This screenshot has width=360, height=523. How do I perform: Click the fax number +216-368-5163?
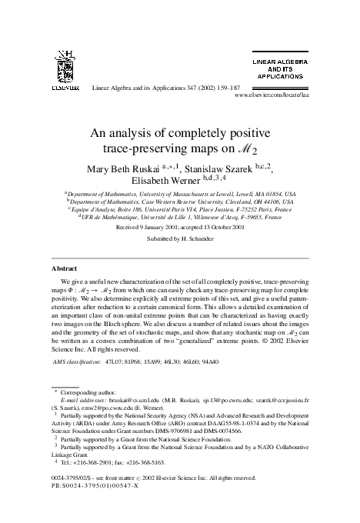pos(142,464)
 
